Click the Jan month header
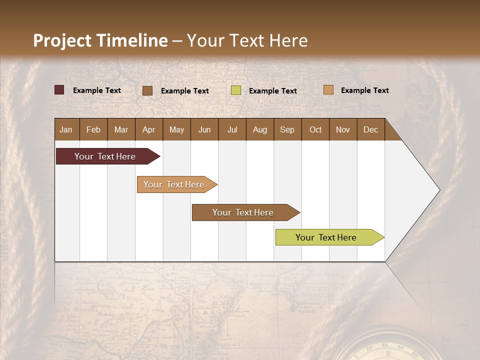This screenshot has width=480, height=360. (66, 129)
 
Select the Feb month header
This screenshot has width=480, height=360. (93, 129)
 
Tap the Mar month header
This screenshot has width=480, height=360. (121, 129)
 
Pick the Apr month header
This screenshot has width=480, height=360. (149, 129)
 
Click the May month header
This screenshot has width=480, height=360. (176, 129)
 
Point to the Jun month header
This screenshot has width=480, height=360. (204, 129)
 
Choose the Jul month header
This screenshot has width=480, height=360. (232, 129)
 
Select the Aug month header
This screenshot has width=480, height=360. (259, 129)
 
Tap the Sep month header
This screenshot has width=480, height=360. (287, 129)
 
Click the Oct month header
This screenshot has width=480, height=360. (315, 129)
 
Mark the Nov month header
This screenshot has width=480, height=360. (343, 129)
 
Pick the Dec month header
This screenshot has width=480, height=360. (370, 129)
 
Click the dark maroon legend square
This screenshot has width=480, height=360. (59, 90)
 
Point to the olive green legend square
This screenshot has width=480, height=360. (236, 90)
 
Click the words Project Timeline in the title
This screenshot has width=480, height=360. (100, 40)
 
